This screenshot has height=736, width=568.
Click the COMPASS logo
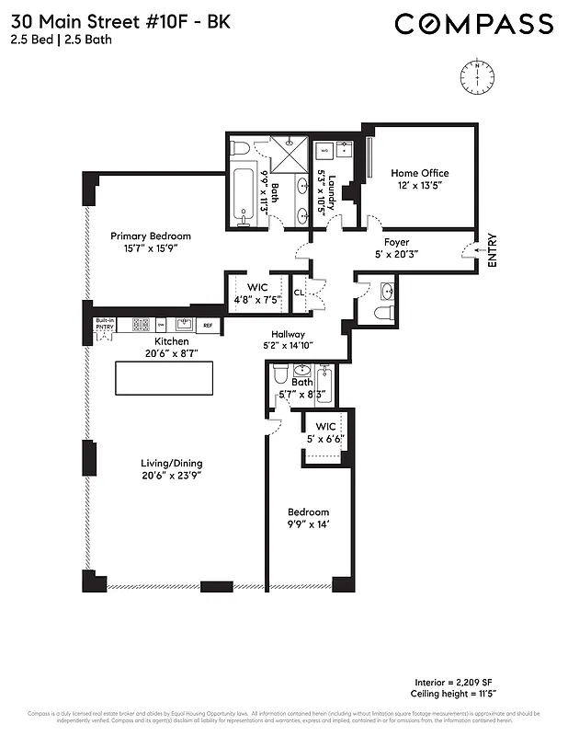pos(473,24)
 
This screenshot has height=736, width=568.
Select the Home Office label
pos(419,173)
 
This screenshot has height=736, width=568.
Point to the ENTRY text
pos(492,249)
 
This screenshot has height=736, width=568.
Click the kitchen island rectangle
pos(163,378)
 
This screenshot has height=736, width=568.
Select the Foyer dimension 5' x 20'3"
pos(396,255)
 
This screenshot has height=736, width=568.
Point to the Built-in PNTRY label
pos(105,324)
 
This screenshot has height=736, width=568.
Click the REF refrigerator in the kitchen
pos(208,325)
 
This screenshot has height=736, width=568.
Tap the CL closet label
pos(299,293)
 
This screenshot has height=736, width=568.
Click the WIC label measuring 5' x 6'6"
pos(325,427)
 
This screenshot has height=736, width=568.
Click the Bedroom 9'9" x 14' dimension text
pos(308,524)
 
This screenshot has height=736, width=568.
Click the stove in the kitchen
pos(142,324)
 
